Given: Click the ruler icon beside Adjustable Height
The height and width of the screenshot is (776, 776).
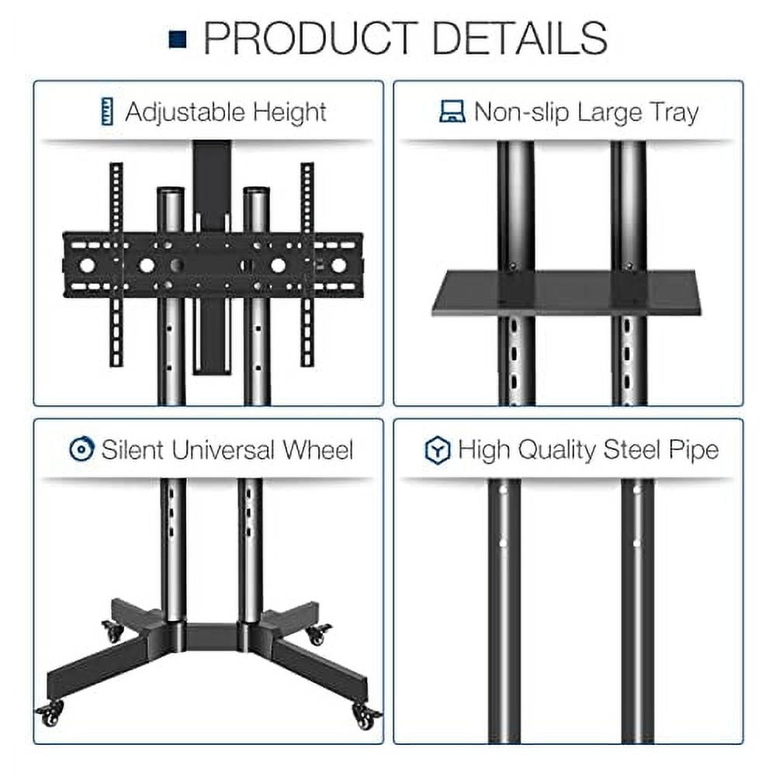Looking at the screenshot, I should (108, 112).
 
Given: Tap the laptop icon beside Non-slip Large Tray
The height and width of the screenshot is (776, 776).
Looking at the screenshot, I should (452, 113).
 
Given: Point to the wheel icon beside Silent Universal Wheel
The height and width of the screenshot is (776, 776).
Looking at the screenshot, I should (81, 449).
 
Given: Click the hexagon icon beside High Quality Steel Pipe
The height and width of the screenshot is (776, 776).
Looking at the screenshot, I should (438, 450).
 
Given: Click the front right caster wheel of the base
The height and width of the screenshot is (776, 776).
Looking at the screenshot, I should (365, 715).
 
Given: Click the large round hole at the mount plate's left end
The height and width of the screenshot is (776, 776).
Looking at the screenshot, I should (87, 265).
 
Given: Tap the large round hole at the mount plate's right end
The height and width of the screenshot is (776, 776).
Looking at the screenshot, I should (338, 265).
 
